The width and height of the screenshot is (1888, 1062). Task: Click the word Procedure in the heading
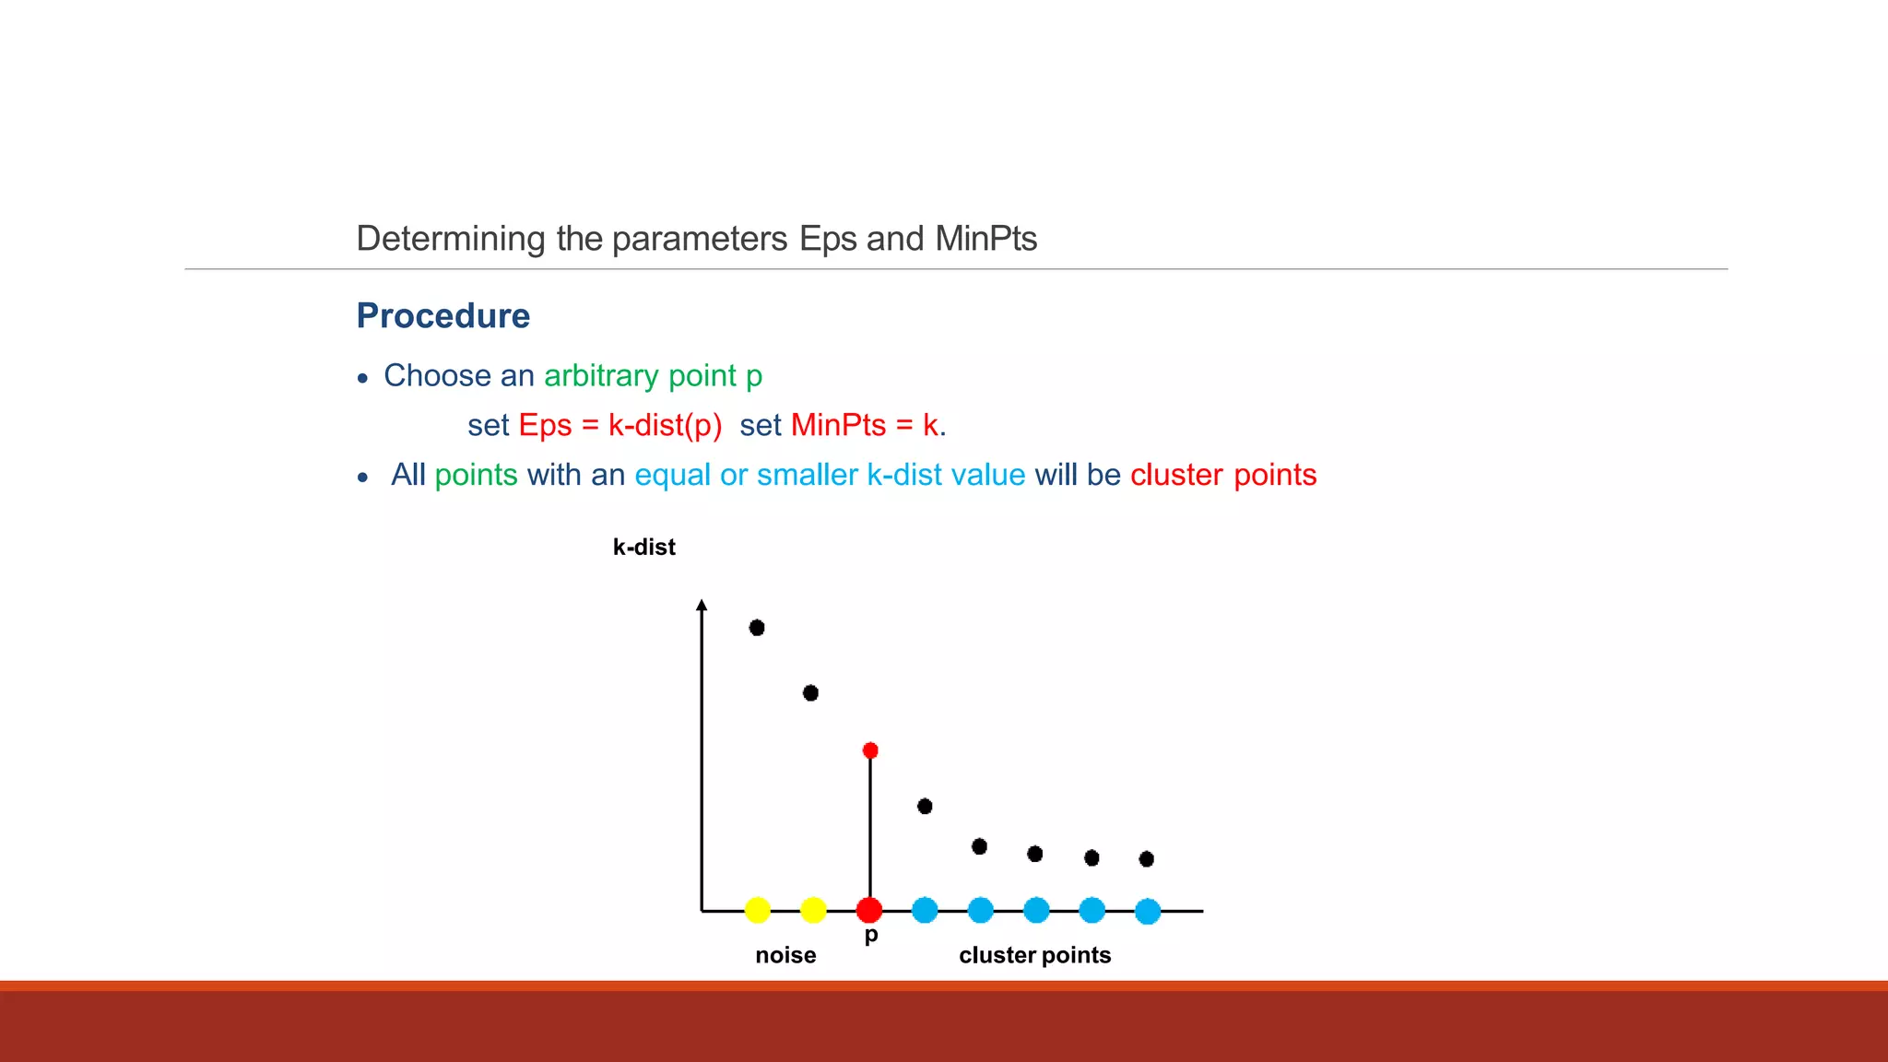point(442,316)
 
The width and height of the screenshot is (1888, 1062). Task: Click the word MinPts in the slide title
point(985,239)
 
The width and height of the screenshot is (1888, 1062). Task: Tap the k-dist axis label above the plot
point(643,548)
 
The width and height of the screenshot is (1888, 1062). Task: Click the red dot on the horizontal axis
point(868,910)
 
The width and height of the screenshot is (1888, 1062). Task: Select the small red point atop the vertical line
point(870,750)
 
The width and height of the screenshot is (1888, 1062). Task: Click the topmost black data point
point(757,628)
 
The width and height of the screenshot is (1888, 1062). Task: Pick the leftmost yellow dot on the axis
point(757,910)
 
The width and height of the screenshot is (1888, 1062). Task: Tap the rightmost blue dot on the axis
point(1148,911)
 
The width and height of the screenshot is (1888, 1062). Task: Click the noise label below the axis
point(785,955)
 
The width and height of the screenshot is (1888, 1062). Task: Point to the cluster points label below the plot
point(1034,955)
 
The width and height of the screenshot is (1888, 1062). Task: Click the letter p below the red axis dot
point(871,936)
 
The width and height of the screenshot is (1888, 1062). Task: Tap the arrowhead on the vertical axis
point(702,605)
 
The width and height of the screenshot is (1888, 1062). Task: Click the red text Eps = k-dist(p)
point(619,425)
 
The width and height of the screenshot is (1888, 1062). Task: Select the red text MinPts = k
point(865,425)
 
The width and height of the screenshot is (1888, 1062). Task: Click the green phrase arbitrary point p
point(653,376)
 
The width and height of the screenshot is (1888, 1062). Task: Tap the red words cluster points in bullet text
point(1223,475)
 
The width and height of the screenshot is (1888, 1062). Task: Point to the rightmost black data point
point(1146,859)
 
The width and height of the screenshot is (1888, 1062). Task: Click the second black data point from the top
point(810,692)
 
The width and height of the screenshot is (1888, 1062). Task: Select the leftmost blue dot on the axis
point(925,910)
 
